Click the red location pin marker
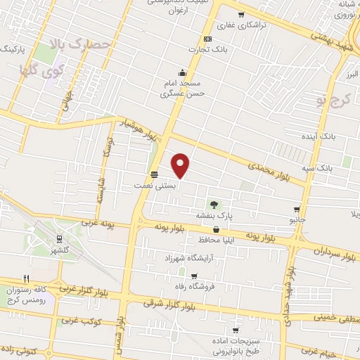(181, 165)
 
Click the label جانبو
(299, 220)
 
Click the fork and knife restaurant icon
(26, 278)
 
